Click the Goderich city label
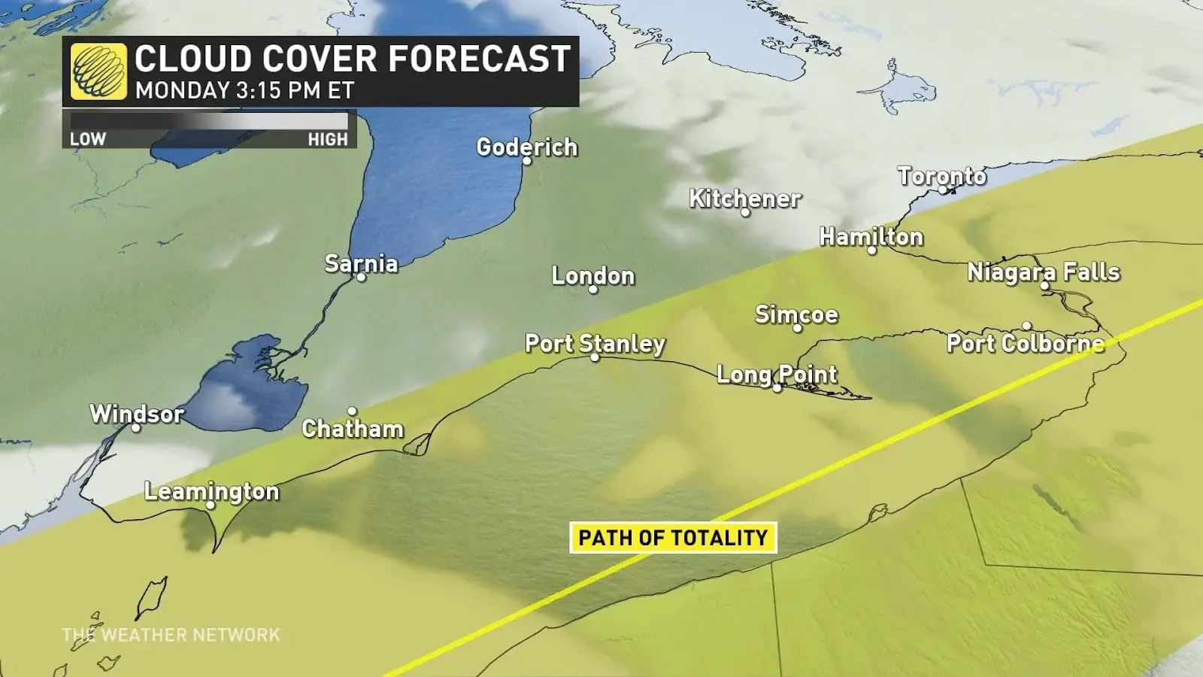click(527, 147)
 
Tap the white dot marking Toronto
click(942, 190)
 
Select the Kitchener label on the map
click(745, 199)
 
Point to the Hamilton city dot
click(872, 250)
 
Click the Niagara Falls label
click(1043, 272)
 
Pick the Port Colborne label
click(1026, 344)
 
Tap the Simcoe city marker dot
click(798, 328)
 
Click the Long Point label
click(777, 374)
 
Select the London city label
click(593, 276)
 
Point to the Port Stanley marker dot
click(595, 357)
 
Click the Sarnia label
click(361, 263)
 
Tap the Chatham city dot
click(352, 411)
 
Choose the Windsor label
click(136, 414)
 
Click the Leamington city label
click(211, 491)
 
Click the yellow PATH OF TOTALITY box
click(673, 538)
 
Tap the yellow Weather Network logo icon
click(98, 71)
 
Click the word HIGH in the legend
click(328, 139)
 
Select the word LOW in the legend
click(88, 139)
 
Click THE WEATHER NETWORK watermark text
click(171, 635)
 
